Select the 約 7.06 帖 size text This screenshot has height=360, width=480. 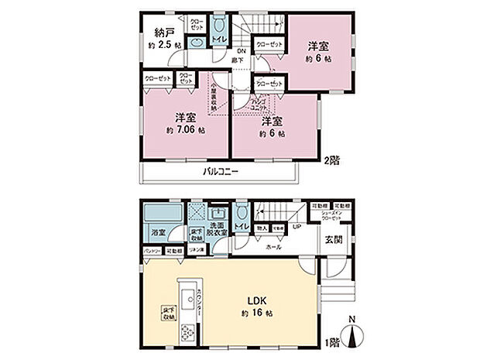tap(184, 131)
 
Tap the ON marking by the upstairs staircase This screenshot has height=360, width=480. tap(242, 52)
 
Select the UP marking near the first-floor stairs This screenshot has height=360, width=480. tap(297, 227)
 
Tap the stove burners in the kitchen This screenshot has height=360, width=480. tap(188, 331)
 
